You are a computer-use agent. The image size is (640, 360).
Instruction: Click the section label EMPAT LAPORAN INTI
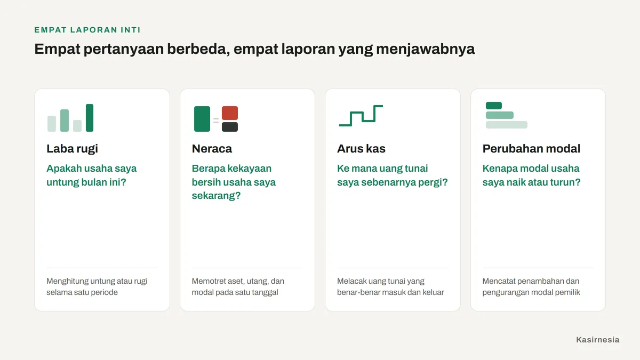coord(87,30)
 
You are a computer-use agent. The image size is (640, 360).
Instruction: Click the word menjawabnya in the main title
coord(426,49)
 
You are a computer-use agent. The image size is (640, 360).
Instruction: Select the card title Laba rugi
coord(73,149)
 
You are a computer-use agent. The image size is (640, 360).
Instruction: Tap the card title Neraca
coord(212,149)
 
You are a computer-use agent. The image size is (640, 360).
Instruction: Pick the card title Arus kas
coord(361,149)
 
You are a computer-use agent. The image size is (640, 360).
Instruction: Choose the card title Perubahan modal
coord(531,149)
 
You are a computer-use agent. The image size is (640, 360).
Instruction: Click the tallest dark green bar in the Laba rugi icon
coord(90,118)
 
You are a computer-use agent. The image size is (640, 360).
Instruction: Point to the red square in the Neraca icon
coord(230,113)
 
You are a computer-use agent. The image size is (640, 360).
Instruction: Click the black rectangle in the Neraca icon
coord(230,127)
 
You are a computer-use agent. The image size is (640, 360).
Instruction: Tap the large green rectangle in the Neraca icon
coord(202,119)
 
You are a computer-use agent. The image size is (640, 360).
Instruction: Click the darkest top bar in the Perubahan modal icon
coord(494,106)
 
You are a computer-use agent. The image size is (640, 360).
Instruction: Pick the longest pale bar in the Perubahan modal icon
coord(507,125)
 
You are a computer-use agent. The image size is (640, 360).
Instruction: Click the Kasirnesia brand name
coord(598,340)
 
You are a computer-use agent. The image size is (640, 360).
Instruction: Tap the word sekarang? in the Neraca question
coord(217,196)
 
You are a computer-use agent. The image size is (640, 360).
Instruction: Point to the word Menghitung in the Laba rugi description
coord(67,281)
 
